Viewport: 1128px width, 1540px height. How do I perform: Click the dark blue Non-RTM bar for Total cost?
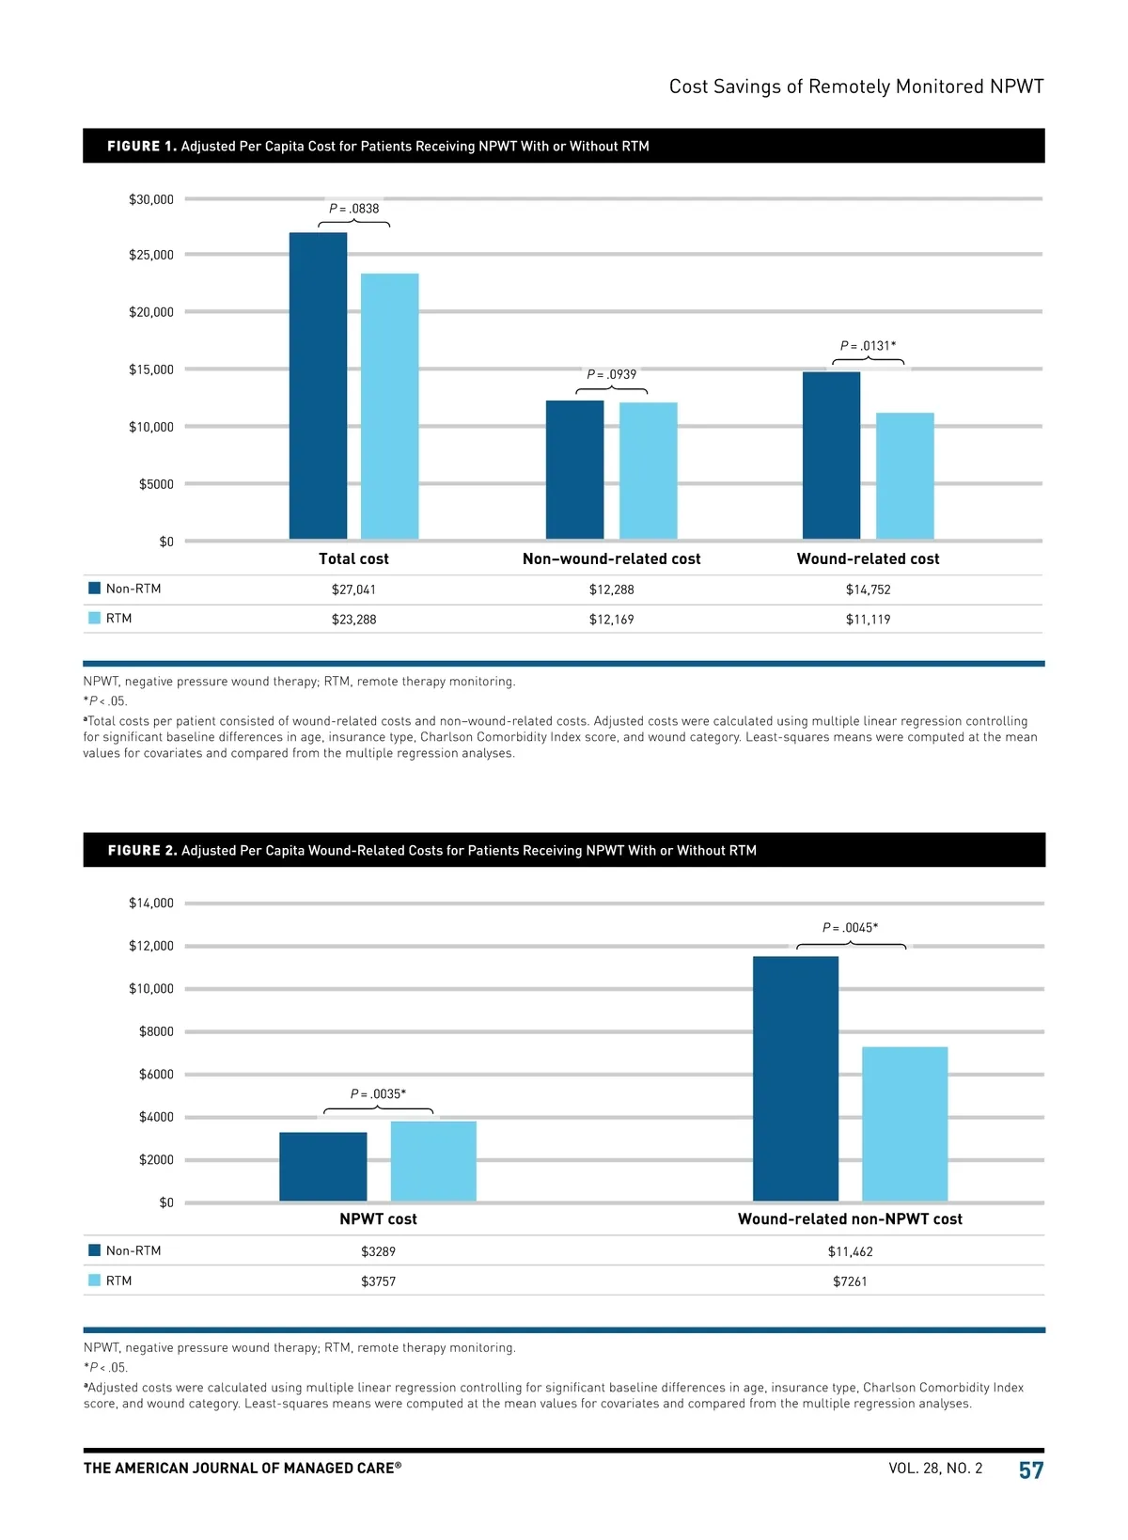(x=318, y=385)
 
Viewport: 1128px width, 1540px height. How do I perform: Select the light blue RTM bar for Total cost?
(x=389, y=406)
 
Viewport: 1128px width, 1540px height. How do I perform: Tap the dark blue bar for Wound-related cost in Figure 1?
(x=831, y=455)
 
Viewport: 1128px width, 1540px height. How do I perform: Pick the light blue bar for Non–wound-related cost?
(x=648, y=470)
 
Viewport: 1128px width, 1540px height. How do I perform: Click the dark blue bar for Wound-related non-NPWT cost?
(x=795, y=1078)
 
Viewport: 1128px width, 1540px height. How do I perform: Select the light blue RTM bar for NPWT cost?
(x=433, y=1160)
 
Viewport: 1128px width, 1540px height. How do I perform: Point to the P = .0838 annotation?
(x=354, y=209)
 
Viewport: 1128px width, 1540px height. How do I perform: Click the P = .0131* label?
(x=868, y=346)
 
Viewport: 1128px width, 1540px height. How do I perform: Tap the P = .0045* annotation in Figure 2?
(x=850, y=928)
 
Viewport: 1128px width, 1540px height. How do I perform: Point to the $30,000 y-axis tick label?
(x=151, y=199)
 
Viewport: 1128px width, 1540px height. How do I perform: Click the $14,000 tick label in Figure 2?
(x=151, y=904)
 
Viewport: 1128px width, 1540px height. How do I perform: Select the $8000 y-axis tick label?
(x=156, y=1031)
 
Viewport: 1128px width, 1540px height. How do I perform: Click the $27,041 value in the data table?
(x=353, y=589)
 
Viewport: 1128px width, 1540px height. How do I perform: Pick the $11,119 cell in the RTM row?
(x=868, y=620)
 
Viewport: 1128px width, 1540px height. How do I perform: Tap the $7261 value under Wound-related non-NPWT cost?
(x=850, y=1281)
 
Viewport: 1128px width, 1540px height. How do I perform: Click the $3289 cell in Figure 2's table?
(x=378, y=1251)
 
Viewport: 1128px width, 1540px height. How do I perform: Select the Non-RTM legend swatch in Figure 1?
(x=94, y=589)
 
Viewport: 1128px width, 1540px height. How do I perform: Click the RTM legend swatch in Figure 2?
(x=94, y=1281)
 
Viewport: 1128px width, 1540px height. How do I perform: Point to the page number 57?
(x=1031, y=1470)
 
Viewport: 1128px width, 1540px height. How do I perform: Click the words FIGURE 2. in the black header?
(x=142, y=851)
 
